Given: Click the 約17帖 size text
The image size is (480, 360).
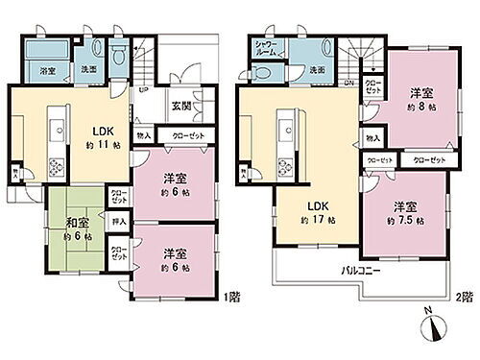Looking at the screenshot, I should point(305,218).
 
